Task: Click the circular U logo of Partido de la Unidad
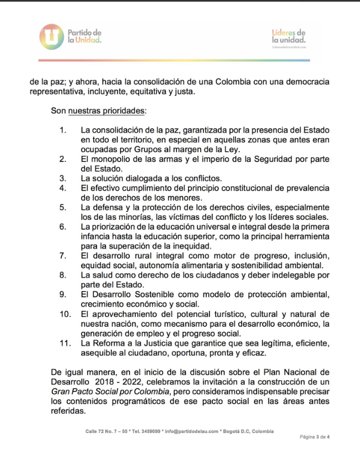click(52, 36)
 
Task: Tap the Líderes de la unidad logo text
click(288, 37)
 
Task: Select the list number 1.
click(63, 131)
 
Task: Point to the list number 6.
click(63, 226)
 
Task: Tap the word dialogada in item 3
click(142, 178)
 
